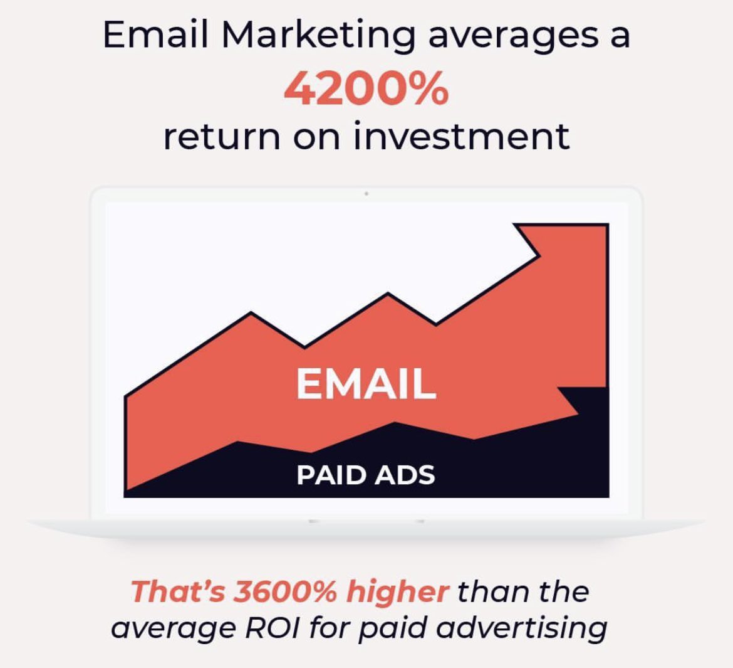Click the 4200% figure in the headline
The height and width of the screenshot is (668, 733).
coord(366,90)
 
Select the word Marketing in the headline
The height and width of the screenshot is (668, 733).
coord(318,36)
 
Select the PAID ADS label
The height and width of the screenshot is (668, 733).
coord(365,475)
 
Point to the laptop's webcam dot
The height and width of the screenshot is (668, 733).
coord(366,194)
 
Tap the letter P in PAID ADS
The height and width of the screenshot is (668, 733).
coord(304,475)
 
